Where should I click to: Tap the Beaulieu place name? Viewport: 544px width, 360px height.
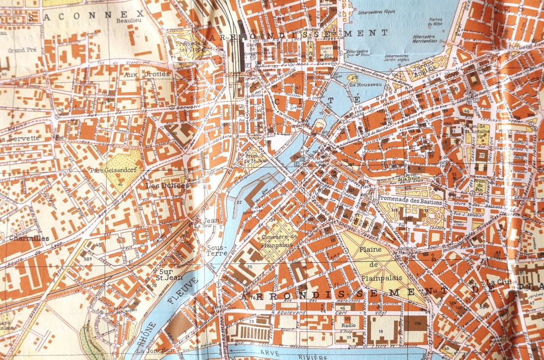pyautogui.click(x=126, y=20)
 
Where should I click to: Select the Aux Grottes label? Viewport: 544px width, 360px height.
pyautogui.click(x=140, y=75)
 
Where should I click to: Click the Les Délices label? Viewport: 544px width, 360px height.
pyautogui.click(x=168, y=185)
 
